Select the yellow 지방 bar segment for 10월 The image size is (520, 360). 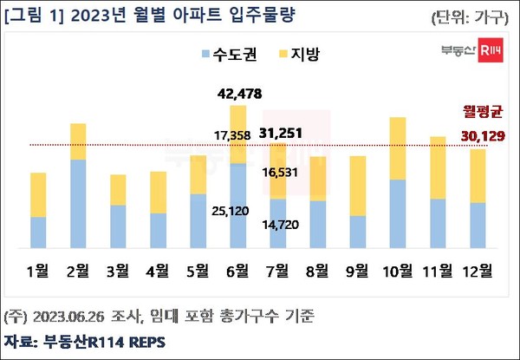point(398,148)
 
